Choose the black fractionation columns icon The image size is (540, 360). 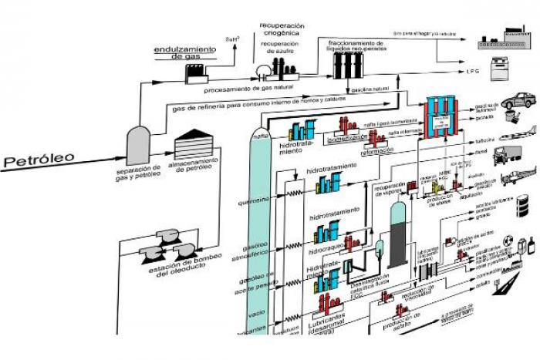[x=344, y=65]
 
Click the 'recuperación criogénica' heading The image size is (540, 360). [x=282, y=29]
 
